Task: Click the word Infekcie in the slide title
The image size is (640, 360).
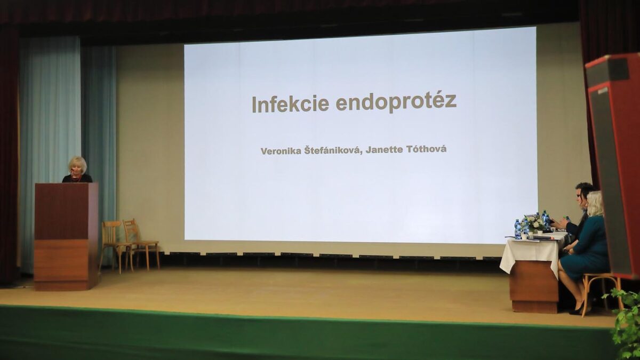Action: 290,103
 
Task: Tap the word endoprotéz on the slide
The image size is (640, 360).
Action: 396,102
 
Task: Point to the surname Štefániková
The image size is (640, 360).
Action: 332,151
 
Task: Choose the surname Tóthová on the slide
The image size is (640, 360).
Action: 426,149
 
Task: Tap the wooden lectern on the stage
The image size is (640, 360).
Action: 66,235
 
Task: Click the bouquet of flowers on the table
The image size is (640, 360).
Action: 534,222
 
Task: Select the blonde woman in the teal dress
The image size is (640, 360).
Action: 587,245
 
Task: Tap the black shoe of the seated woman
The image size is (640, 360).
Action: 577,309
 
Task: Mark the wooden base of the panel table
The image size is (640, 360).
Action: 533,288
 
